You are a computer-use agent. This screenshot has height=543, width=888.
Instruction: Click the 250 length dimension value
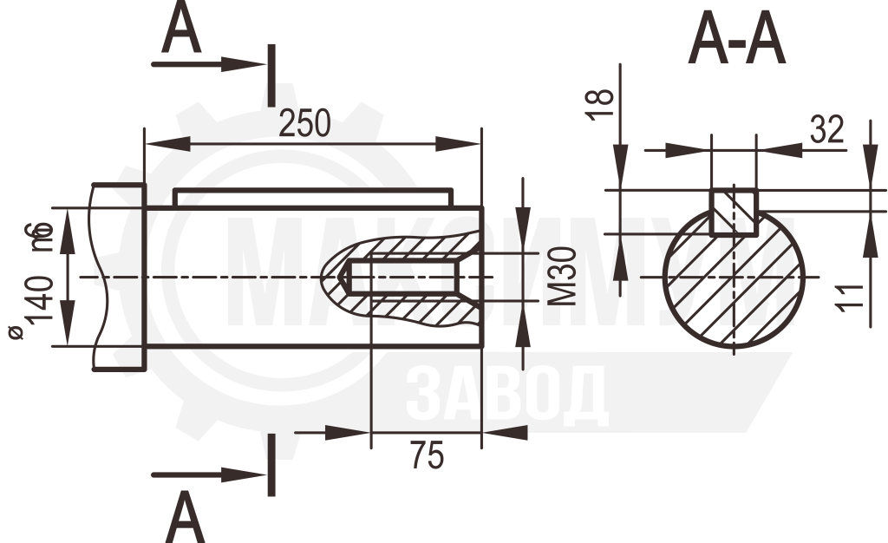(x=304, y=123)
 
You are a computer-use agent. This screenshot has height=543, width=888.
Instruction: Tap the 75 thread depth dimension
(x=428, y=455)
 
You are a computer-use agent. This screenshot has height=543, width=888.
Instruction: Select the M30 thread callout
(x=563, y=277)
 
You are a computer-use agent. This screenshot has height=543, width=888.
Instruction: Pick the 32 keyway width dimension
(x=826, y=129)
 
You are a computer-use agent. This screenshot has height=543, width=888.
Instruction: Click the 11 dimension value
(x=850, y=296)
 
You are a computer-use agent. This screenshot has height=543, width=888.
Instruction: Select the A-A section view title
(x=737, y=38)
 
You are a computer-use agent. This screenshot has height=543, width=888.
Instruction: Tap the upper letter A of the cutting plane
(x=181, y=27)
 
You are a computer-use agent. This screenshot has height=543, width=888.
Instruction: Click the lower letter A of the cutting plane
(x=185, y=517)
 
